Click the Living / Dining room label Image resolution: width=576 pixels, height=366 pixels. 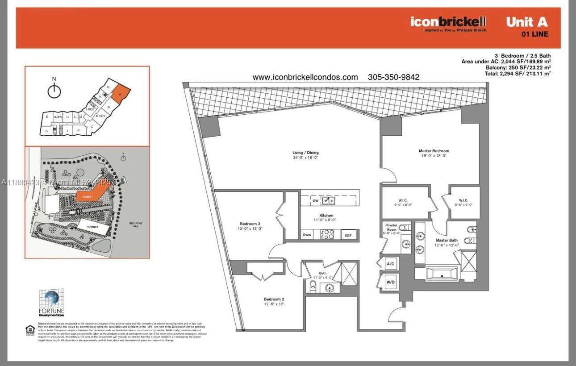coord(305,153)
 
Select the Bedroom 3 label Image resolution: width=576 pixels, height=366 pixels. coord(250,224)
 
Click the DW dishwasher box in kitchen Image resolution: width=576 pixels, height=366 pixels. coord(315,201)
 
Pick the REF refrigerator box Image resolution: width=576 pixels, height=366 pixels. coord(348,235)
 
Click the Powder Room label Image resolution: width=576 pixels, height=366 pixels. coord(391,228)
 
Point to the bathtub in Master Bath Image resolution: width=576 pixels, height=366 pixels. coord(442,274)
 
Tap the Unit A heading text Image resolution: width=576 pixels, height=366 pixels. coord(526,22)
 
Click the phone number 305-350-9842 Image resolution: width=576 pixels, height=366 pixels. coord(393,77)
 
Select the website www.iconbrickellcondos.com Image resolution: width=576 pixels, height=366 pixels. coord(305,77)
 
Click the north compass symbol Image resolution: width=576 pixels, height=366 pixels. coord(54,91)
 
